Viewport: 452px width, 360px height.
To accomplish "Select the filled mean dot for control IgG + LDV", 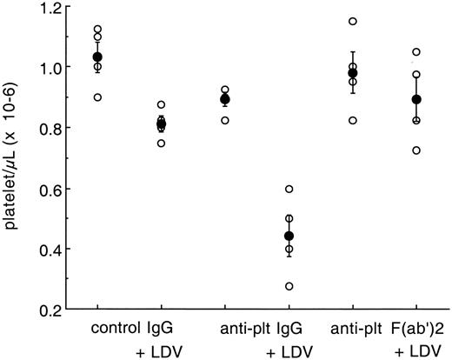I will coord(161,124).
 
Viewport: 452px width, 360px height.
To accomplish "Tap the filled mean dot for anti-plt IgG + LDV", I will coord(289,236).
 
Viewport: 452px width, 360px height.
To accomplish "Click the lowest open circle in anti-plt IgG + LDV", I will coord(289,286).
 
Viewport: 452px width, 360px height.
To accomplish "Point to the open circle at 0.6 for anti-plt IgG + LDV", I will coord(289,189).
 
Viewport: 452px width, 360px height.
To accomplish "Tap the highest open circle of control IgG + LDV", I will coord(161,104).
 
